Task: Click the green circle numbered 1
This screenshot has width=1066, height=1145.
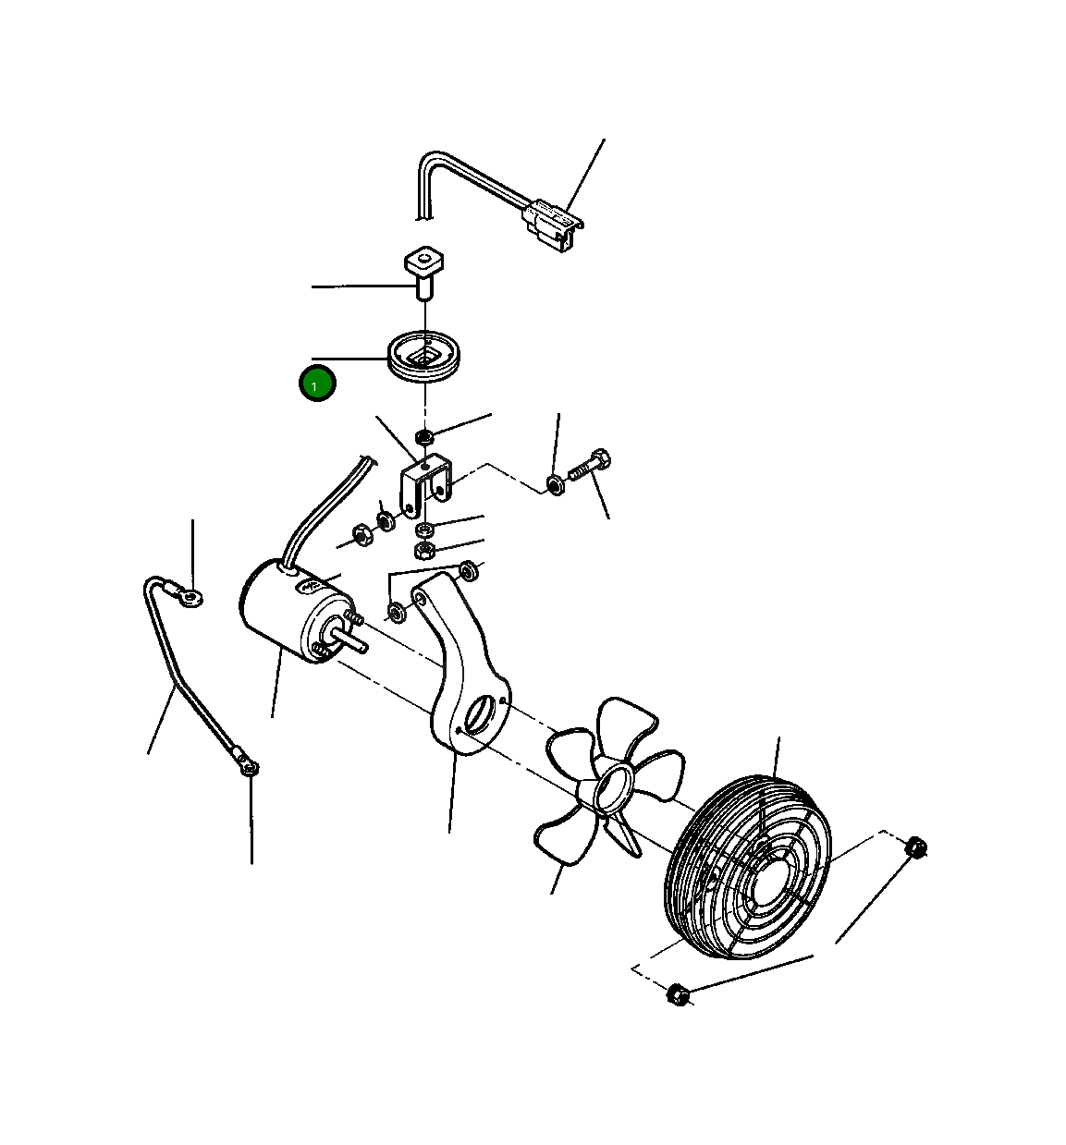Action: tap(317, 383)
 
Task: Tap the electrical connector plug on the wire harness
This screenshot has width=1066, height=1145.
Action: tap(552, 225)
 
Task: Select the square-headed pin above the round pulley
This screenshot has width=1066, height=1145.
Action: tap(424, 273)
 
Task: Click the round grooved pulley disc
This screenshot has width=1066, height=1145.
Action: tap(423, 357)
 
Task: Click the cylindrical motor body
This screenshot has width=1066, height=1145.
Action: tap(288, 610)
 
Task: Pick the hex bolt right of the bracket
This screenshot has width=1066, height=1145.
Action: tap(590, 467)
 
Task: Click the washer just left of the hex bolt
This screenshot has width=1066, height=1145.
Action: tap(556, 484)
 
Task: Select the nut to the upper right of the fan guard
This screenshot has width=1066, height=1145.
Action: tap(915, 847)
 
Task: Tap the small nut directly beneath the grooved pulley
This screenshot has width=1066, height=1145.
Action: tap(424, 436)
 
